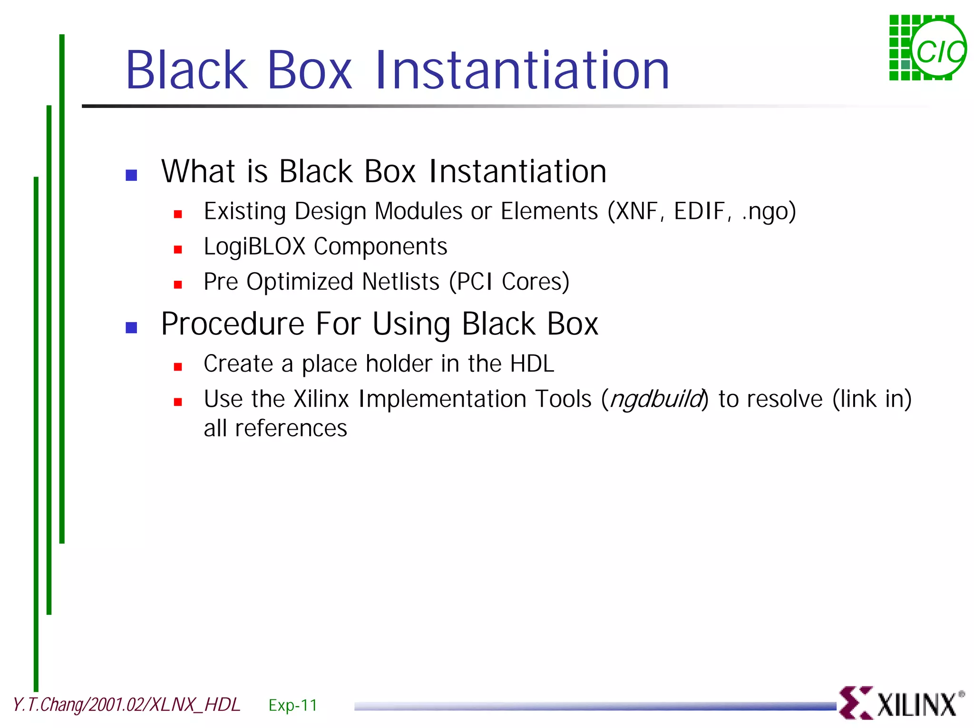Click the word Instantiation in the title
(x=522, y=70)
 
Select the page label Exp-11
(x=292, y=705)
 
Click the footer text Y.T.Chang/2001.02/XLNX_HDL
(x=127, y=705)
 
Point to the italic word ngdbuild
(x=656, y=399)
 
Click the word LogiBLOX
(x=254, y=246)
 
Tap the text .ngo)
(x=769, y=211)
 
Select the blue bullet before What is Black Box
(x=131, y=175)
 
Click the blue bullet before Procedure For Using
(x=131, y=327)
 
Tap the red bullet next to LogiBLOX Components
(x=178, y=249)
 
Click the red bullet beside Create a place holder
(x=178, y=366)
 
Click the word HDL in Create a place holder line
(x=532, y=364)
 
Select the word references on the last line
(x=291, y=428)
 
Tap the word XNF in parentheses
(x=638, y=211)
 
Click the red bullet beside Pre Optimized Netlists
(x=178, y=285)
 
